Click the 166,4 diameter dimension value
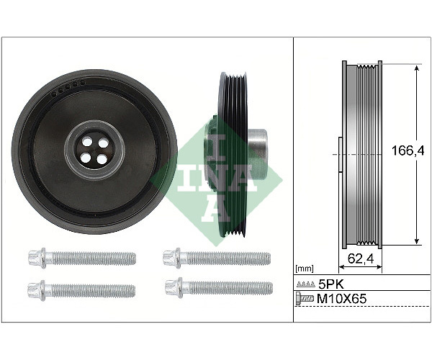pyautogui.click(x=408, y=150)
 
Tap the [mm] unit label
pyautogui.click(x=304, y=268)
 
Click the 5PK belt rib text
pyautogui.click(x=331, y=284)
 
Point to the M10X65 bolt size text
pyautogui.click(x=341, y=298)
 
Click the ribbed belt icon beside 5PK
pyautogui.click(x=306, y=284)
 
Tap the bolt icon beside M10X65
pyautogui.click(x=305, y=299)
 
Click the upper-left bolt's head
pyautogui.click(x=37, y=258)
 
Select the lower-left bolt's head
pyautogui.click(x=37, y=290)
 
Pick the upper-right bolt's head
pyautogui.click(x=171, y=258)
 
